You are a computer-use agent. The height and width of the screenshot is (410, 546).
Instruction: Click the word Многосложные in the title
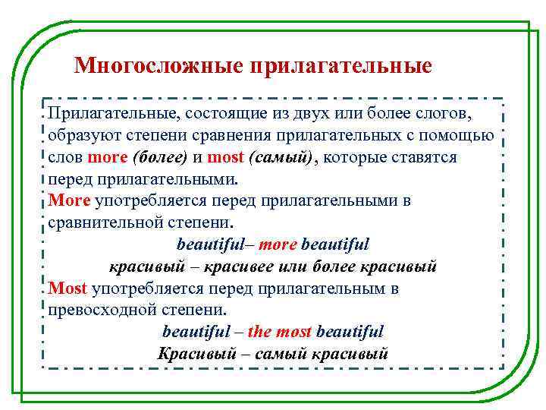[155, 66]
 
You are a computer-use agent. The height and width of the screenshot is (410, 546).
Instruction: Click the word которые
[357, 158]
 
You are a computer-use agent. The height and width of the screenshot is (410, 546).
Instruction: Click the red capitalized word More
[69, 201]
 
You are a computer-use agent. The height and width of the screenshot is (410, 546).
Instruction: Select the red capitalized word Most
[67, 289]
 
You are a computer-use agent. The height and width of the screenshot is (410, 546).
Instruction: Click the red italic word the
[259, 332]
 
